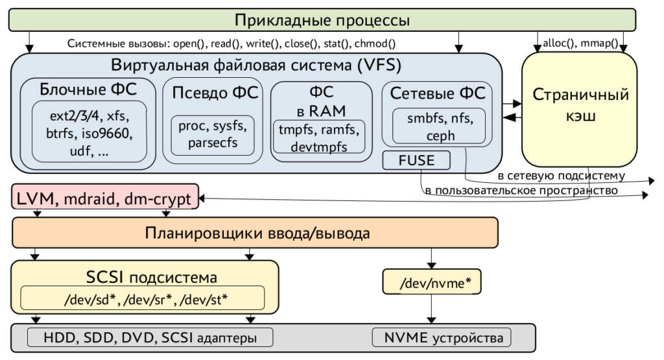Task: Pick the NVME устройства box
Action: point(442,337)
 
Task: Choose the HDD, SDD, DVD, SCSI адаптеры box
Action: point(150,337)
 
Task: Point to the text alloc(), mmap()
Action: point(579,43)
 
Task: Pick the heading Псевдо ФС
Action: point(215,91)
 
